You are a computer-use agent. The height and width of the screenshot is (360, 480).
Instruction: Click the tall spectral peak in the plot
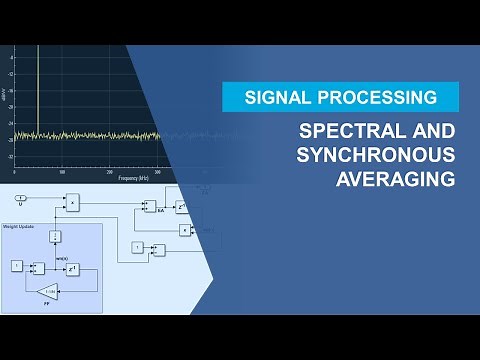(38, 90)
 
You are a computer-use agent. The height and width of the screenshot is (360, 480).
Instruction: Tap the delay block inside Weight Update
(73, 267)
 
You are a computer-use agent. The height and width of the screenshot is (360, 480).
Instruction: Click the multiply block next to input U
(71, 203)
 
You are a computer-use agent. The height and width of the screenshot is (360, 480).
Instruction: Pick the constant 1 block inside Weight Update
(16, 266)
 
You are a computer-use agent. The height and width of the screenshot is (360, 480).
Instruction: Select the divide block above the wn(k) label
(56, 237)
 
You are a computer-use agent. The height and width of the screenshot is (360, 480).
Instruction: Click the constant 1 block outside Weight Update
(137, 247)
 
